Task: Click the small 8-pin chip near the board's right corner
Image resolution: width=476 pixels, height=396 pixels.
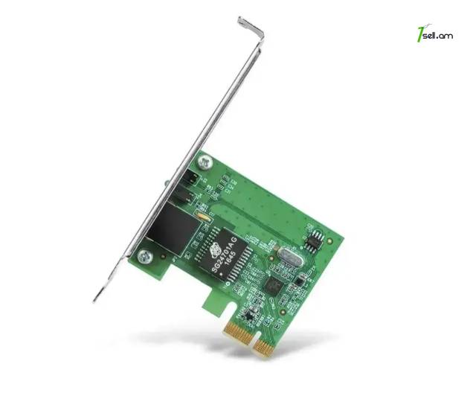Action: click(x=317, y=240)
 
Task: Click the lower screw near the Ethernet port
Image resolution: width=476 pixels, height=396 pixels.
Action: click(x=144, y=256)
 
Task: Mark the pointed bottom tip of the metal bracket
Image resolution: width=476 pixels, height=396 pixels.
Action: click(x=96, y=299)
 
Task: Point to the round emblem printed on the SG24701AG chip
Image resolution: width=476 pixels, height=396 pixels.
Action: click(x=215, y=250)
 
